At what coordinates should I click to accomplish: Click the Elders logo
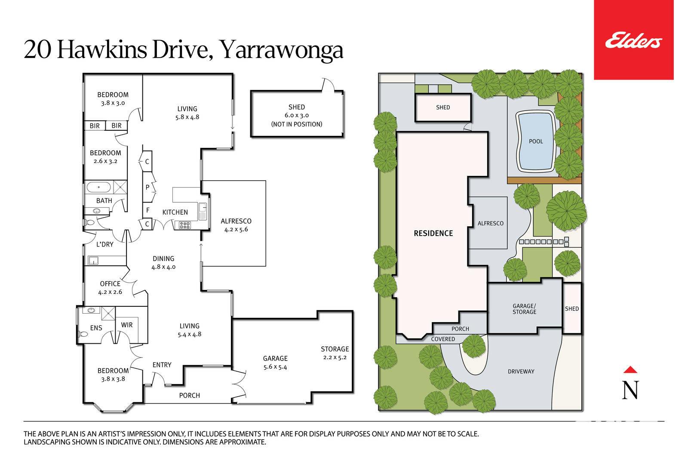click(633, 40)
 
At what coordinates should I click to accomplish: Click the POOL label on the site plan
click(536, 142)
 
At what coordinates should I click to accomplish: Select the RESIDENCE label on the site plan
click(433, 233)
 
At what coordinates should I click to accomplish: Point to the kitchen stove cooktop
click(184, 225)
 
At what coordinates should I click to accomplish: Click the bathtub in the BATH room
click(98, 187)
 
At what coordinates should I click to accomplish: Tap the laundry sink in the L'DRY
click(93, 261)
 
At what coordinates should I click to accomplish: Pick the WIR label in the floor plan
click(127, 325)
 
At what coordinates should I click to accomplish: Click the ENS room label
click(96, 328)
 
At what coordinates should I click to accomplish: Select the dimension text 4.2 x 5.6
click(236, 229)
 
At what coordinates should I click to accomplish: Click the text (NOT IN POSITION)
click(296, 124)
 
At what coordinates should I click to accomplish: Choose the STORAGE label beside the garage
click(335, 349)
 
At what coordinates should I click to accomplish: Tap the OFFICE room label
click(110, 283)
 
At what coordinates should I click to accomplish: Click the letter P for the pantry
click(147, 187)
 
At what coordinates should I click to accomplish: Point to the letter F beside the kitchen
click(148, 210)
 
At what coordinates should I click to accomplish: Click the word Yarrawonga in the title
click(282, 50)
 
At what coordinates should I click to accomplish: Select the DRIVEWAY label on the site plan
click(521, 371)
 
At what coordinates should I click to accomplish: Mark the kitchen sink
click(203, 211)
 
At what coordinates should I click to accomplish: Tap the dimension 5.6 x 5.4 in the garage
click(275, 367)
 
